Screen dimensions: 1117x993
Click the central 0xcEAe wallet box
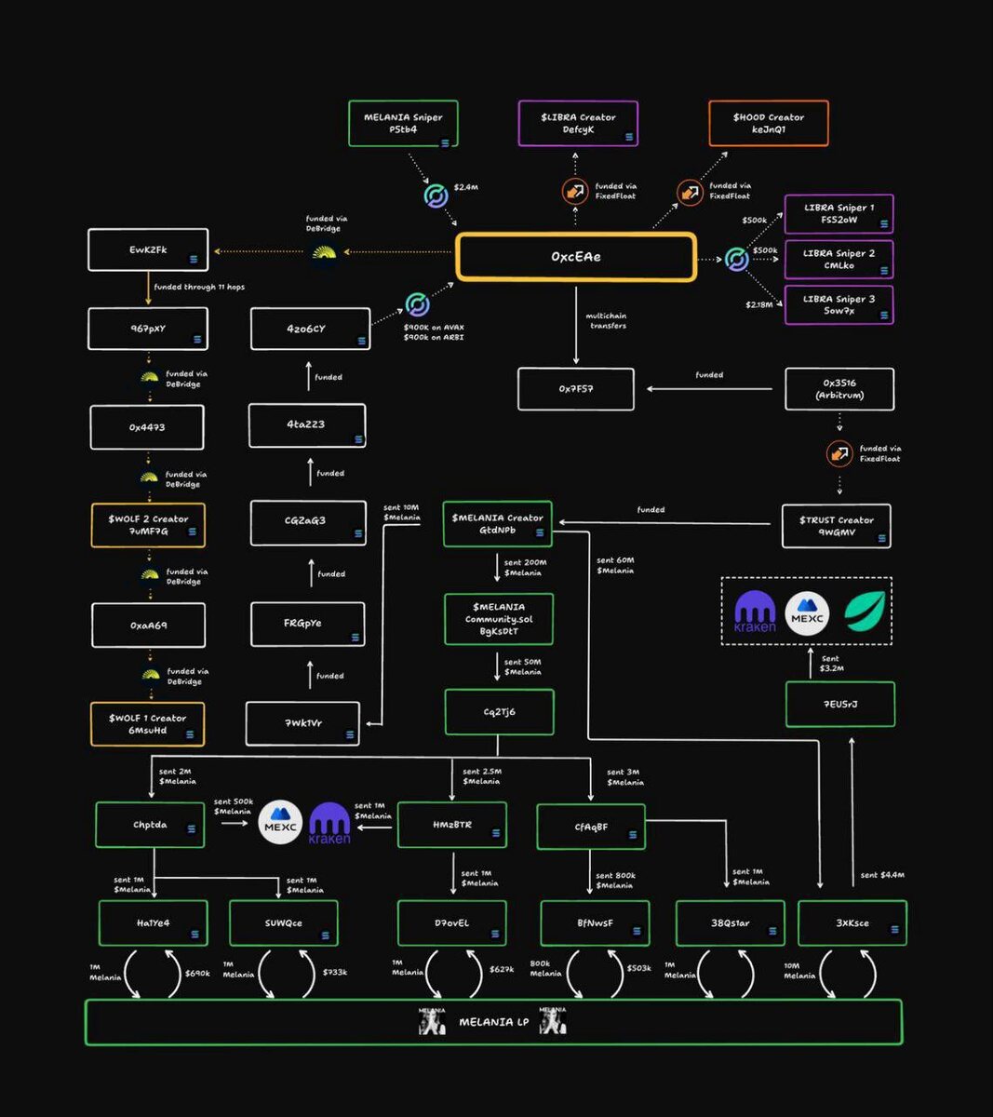[x=576, y=257]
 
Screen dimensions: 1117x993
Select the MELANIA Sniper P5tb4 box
[x=403, y=124]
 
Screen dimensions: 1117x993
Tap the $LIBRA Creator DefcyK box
[x=578, y=124]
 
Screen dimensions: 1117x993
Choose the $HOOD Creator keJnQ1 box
[x=768, y=124]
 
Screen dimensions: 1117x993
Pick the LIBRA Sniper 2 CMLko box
[x=839, y=260]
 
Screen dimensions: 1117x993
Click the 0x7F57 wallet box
[x=576, y=389]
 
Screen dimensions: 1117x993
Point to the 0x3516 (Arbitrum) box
[x=839, y=389]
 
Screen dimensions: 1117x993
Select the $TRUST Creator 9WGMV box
[x=836, y=526]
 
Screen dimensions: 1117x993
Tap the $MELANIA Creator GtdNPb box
[x=497, y=524]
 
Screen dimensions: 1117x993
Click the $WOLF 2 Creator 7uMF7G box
[x=148, y=525]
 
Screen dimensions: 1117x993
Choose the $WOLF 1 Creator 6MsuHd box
[x=147, y=724]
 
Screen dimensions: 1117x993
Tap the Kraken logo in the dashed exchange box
[x=755, y=612]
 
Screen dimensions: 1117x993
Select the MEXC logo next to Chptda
[x=280, y=823]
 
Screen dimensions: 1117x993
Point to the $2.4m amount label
[x=466, y=188]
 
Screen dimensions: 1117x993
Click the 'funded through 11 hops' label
[x=199, y=288]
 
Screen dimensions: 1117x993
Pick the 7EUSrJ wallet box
[x=839, y=705]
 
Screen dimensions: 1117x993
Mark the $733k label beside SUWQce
[x=335, y=973]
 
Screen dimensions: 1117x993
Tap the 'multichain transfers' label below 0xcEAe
[x=606, y=321]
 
